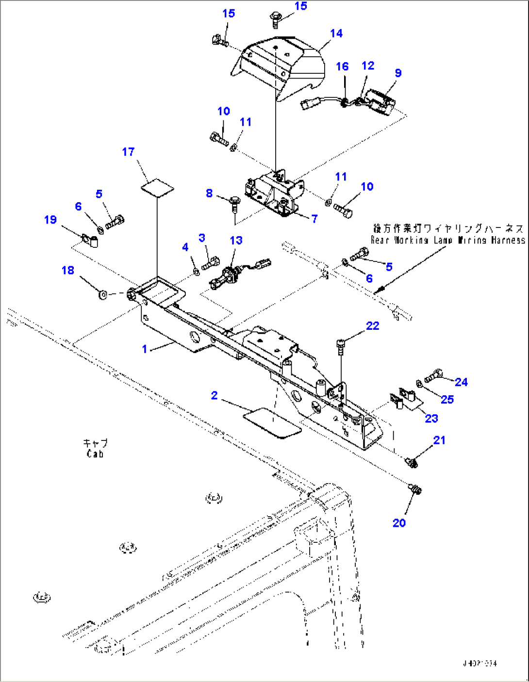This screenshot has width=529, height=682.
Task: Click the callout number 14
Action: [x=336, y=33]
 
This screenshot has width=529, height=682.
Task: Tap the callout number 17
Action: [x=128, y=152]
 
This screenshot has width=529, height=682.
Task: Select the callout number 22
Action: [x=372, y=326]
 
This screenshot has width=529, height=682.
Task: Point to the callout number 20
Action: [x=399, y=523]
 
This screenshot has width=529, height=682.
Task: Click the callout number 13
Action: [x=236, y=241]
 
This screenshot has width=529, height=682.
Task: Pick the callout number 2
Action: [x=214, y=396]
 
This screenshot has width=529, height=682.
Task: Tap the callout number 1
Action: [x=144, y=349]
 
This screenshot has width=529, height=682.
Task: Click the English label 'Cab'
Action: [x=95, y=454]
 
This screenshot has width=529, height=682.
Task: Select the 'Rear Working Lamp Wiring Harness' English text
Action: [x=447, y=240]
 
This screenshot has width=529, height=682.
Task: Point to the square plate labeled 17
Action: [x=157, y=187]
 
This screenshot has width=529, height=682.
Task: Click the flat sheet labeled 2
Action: [x=271, y=422]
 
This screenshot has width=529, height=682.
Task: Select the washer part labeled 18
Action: [x=103, y=294]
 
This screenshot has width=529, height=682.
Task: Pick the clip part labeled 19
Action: [x=90, y=240]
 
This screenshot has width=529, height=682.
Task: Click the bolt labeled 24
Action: [x=433, y=375]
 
